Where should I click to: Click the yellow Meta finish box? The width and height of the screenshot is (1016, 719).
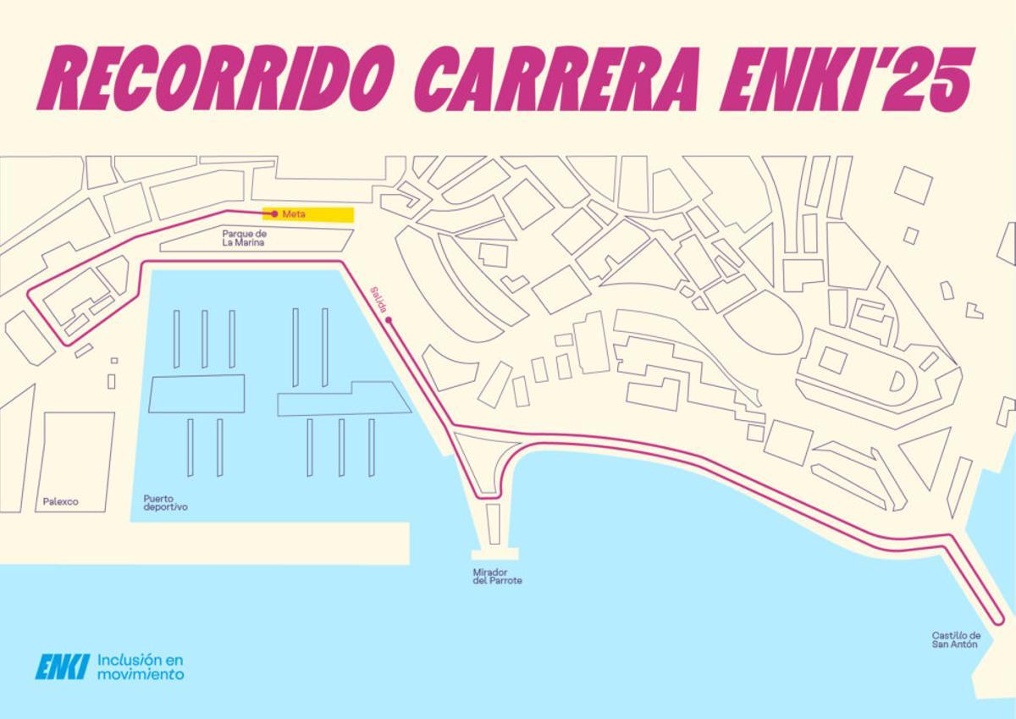(x=308, y=214)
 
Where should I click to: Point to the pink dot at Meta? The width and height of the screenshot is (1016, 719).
(x=273, y=213)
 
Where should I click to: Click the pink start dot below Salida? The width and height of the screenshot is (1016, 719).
(x=388, y=321)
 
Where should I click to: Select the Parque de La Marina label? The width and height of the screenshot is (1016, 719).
(x=245, y=238)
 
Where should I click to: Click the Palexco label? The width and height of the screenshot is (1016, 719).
(x=60, y=501)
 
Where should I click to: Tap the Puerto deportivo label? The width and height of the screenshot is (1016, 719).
(x=165, y=503)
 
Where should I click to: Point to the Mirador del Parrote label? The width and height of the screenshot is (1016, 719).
(x=497, y=576)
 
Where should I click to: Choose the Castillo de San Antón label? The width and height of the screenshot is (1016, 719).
(x=956, y=639)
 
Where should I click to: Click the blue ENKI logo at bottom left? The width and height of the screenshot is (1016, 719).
(x=62, y=666)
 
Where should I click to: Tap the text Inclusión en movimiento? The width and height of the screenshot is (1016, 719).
(x=141, y=666)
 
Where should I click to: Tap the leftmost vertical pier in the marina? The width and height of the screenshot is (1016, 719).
(x=176, y=339)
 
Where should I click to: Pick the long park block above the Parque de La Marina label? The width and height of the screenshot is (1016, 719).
(x=254, y=240)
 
